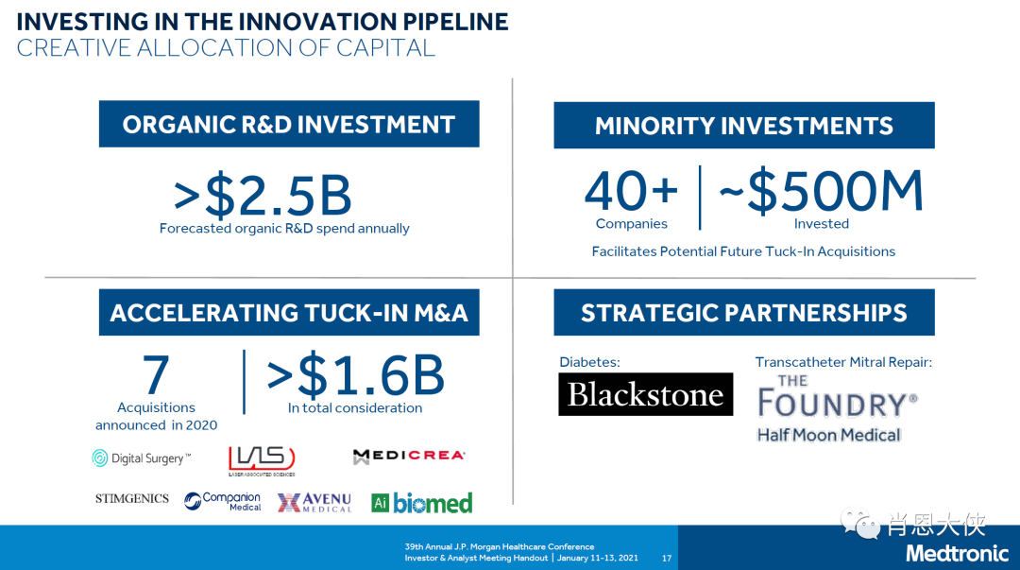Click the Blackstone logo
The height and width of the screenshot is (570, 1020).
click(645, 394)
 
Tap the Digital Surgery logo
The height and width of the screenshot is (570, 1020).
click(142, 458)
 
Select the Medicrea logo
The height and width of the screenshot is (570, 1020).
click(409, 456)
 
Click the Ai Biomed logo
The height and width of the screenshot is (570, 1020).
click(421, 503)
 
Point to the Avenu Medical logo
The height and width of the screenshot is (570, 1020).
click(314, 502)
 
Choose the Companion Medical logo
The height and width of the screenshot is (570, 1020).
click(222, 501)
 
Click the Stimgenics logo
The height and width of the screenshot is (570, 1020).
click(132, 498)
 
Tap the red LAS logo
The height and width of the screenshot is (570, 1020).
click(262, 460)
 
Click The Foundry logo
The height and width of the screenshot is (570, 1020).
click(837, 397)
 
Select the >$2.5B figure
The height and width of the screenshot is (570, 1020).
click(263, 196)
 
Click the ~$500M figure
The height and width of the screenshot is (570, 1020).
click(821, 190)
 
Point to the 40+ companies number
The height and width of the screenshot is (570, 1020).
click(631, 191)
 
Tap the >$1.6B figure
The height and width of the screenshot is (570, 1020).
click(356, 374)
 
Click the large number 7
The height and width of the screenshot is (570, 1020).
click(156, 374)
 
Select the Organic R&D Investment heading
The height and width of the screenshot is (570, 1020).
click(289, 124)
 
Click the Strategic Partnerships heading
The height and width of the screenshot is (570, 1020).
click(744, 313)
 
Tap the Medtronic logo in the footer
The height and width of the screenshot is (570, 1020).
click(957, 554)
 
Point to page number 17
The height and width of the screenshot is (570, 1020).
click(667, 559)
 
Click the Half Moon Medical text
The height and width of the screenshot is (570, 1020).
click(829, 435)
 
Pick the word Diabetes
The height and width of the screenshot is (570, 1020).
click(590, 362)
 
